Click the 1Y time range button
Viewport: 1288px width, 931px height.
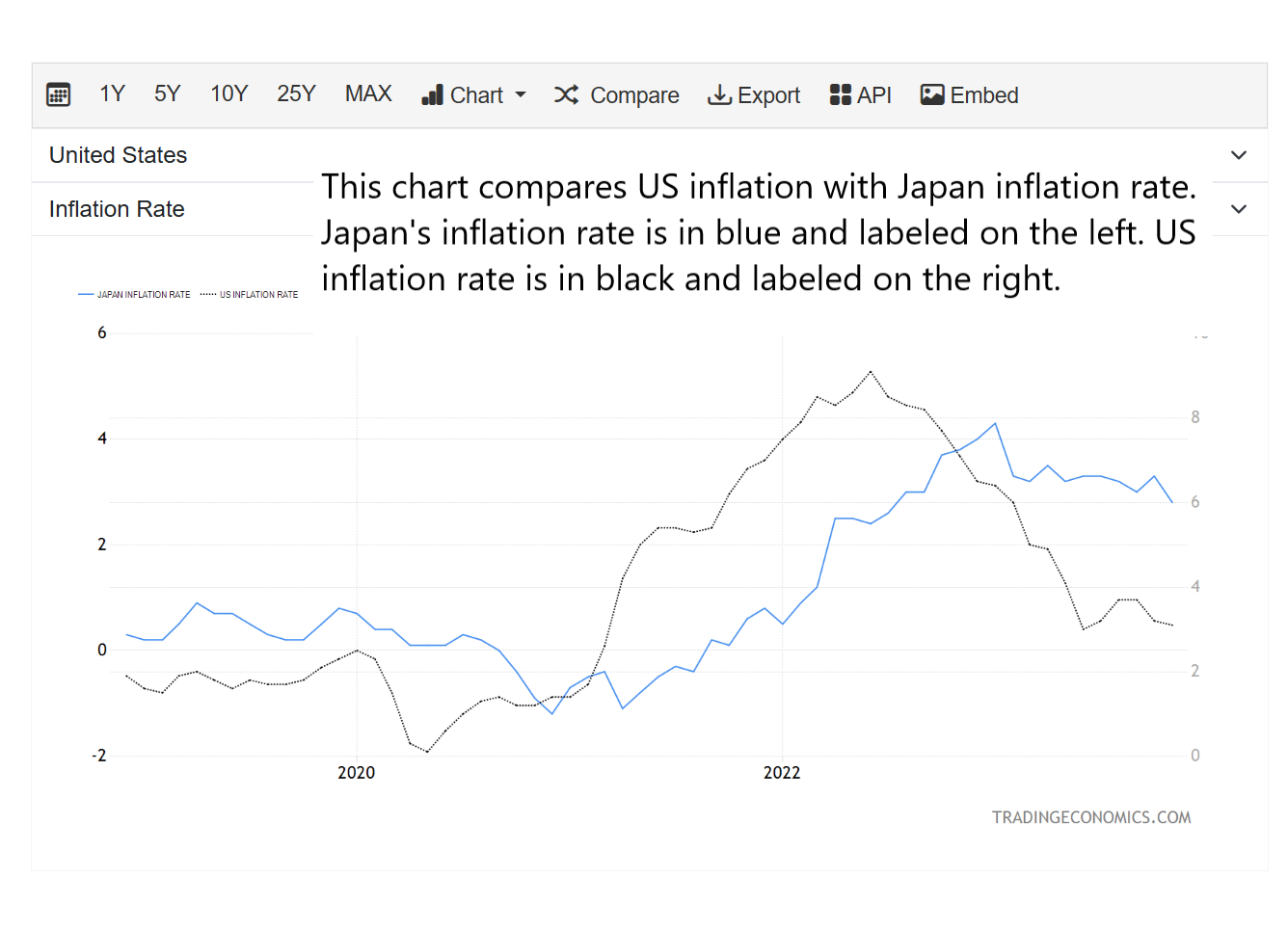pyautogui.click(x=112, y=94)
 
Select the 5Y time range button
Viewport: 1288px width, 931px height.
pyautogui.click(x=167, y=94)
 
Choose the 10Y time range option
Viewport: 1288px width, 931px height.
pyautogui.click(x=228, y=94)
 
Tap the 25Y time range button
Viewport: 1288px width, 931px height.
pyautogui.click(x=296, y=94)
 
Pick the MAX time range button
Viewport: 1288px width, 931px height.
pyautogui.click(x=368, y=94)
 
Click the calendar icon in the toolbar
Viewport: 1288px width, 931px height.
pyautogui.click(x=59, y=94)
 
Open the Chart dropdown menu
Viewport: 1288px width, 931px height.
pyautogui.click(x=474, y=95)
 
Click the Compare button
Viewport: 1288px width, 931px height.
pyautogui.click(x=617, y=95)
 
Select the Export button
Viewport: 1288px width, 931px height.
pyautogui.click(x=754, y=95)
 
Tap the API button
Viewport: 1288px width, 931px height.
pyautogui.click(x=860, y=95)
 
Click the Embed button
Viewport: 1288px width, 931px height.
pyautogui.click(x=969, y=95)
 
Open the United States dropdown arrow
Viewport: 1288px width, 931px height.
pyautogui.click(x=1239, y=155)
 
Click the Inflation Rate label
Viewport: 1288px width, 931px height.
pyautogui.click(x=117, y=209)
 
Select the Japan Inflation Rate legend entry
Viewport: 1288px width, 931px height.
pyautogui.click(x=135, y=295)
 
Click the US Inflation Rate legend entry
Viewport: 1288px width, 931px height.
pyautogui.click(x=250, y=295)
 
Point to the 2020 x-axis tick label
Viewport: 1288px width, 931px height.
pyautogui.click(x=356, y=773)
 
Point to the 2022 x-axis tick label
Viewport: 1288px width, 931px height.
pyautogui.click(x=782, y=773)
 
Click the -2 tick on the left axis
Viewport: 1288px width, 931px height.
pyautogui.click(x=99, y=756)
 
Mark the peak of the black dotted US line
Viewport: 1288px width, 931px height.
pyautogui.click(x=871, y=371)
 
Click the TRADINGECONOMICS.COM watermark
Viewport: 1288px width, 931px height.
pyautogui.click(x=1091, y=817)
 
